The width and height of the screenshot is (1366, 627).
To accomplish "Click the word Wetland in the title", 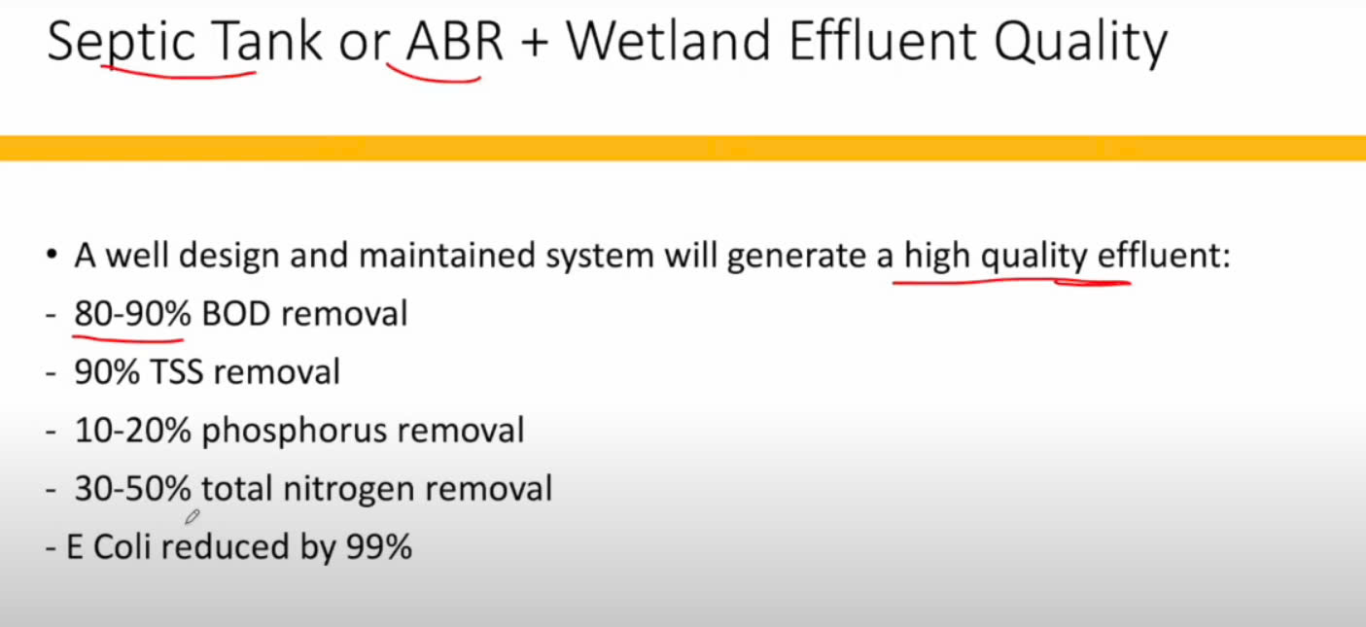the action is click(669, 42).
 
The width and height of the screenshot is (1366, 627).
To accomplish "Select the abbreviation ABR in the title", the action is click(455, 42).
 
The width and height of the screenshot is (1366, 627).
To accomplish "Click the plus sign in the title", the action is click(535, 44).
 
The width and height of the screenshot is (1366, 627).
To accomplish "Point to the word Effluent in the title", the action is click(883, 42).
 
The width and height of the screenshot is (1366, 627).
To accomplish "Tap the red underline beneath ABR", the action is click(433, 76).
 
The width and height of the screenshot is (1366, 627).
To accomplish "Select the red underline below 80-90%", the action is click(128, 337).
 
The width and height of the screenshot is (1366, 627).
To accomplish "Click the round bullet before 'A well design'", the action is click(52, 254).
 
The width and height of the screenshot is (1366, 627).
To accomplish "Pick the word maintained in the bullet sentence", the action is click(447, 255).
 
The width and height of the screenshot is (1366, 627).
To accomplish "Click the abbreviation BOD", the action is click(236, 314).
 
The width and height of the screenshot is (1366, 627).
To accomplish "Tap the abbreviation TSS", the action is click(176, 372).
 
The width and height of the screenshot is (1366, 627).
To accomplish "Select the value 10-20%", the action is click(132, 431).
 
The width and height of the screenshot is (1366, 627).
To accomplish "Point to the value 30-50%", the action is click(132, 489).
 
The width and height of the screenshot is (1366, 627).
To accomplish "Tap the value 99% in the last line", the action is click(379, 547).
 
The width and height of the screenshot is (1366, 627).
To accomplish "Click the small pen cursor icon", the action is click(193, 517).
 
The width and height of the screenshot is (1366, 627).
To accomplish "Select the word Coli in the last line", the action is click(122, 547).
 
